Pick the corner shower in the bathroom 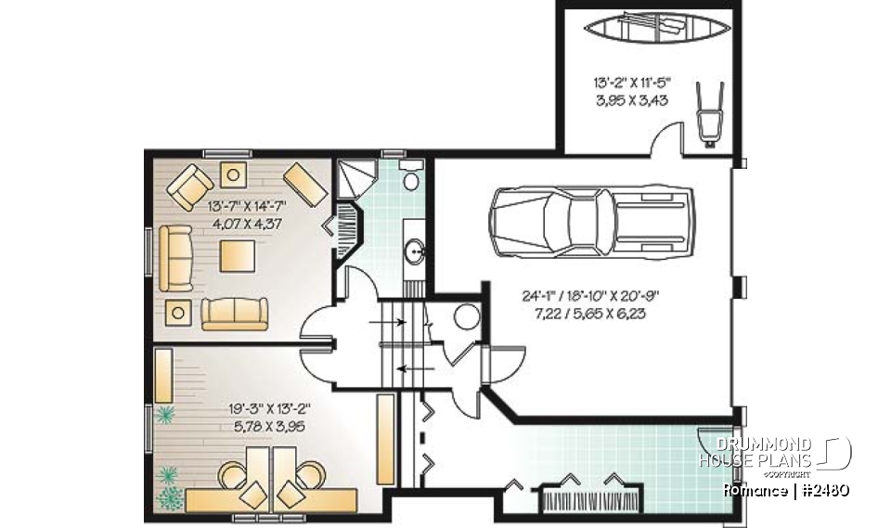(x=355, y=177)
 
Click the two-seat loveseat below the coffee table (x=234, y=313)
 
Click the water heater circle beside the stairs (x=463, y=316)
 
